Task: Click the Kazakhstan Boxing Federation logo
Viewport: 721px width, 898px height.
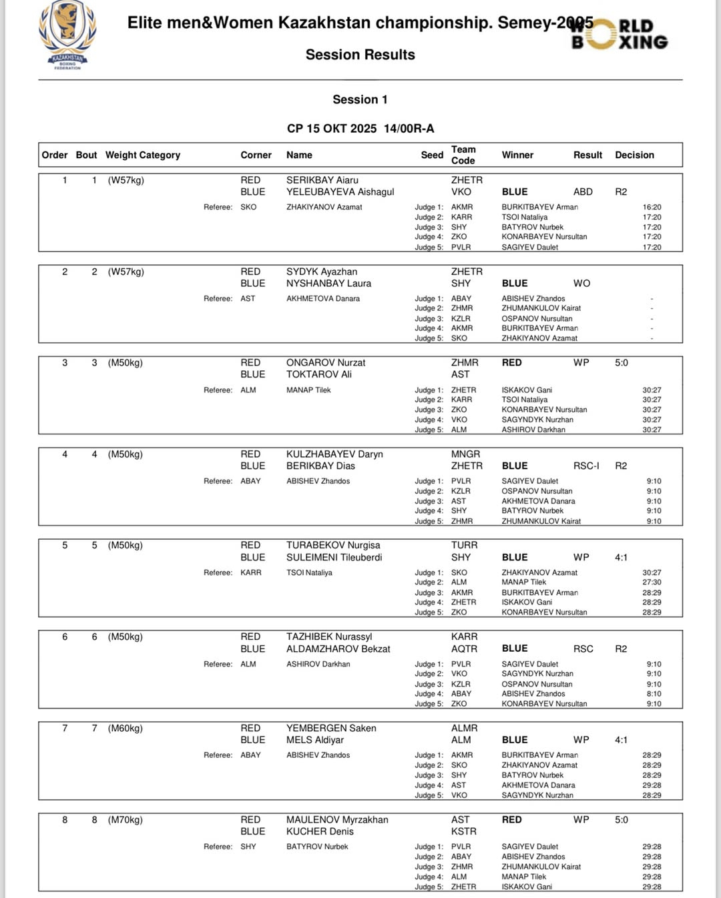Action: click(67, 35)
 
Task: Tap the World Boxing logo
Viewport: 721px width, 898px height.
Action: click(620, 34)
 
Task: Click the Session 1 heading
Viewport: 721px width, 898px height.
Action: click(360, 99)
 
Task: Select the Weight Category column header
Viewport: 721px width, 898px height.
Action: click(142, 155)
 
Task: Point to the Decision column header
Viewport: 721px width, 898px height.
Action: click(634, 155)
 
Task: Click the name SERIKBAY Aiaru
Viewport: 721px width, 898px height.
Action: click(322, 180)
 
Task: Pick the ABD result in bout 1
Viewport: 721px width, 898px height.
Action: click(583, 191)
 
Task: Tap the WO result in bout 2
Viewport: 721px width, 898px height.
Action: click(581, 283)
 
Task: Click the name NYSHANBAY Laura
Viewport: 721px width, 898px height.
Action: click(328, 283)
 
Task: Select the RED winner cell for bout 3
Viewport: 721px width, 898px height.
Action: click(512, 362)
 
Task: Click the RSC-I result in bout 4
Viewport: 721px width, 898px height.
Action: click(586, 466)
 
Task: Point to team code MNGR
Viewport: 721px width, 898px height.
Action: click(465, 454)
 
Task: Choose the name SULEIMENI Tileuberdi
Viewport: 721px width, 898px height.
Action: click(334, 557)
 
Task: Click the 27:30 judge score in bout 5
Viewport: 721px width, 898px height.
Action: click(652, 582)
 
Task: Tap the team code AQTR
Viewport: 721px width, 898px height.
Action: click(464, 648)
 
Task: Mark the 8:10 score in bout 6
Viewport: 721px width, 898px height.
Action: click(654, 694)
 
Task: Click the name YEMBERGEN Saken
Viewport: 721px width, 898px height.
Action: click(331, 728)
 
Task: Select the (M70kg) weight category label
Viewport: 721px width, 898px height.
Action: click(126, 819)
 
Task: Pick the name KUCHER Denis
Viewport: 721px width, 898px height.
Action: click(320, 831)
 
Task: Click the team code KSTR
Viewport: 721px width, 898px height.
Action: click(463, 831)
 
